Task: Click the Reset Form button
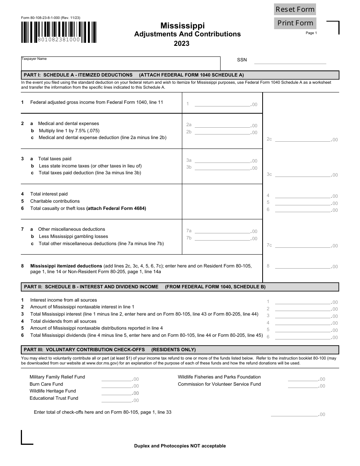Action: tap(295, 9)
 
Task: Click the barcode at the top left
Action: tap(58, 32)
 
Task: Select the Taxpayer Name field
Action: tap(121, 64)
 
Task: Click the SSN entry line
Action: tap(290, 60)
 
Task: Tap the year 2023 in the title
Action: tap(182, 44)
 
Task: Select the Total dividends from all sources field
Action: tap(303, 322)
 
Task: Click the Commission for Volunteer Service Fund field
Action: tap(303, 385)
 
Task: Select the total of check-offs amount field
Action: tap(294, 414)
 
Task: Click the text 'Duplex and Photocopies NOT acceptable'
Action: tap(180, 446)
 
